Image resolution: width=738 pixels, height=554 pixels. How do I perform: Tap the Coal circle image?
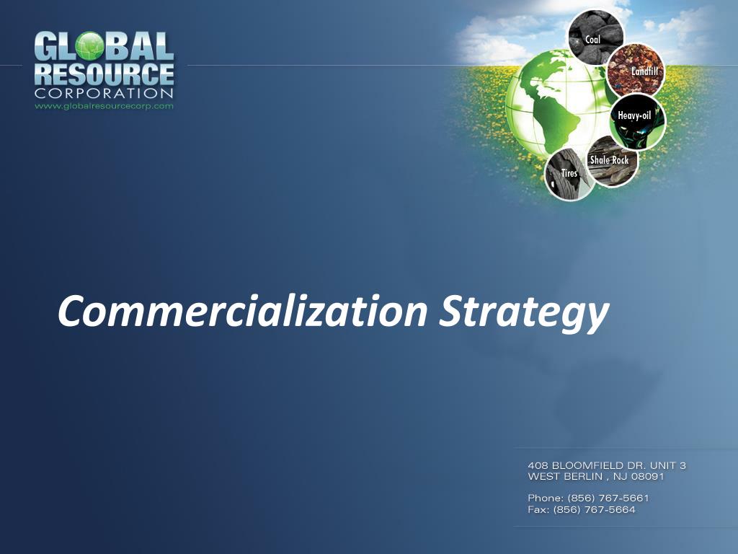[x=595, y=38]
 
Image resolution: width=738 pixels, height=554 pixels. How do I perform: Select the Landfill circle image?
[x=635, y=70]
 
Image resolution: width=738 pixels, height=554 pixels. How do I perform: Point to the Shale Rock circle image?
[x=611, y=162]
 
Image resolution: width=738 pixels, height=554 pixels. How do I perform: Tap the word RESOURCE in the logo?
[x=104, y=74]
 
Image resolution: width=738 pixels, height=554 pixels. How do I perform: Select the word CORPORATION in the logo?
[x=104, y=93]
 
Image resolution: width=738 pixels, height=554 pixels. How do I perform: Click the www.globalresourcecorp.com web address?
[x=104, y=106]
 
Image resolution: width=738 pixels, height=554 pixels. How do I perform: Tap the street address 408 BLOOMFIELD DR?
[x=587, y=465]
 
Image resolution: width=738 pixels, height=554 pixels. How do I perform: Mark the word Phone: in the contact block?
[x=546, y=498]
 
